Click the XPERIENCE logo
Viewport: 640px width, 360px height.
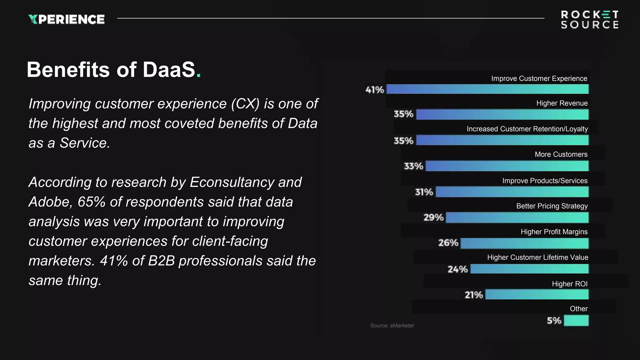coord(66,19)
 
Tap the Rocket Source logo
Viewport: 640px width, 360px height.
coord(589,19)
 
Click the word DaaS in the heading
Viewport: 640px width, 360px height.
coord(169,69)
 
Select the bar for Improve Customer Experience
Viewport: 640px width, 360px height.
coord(487,89)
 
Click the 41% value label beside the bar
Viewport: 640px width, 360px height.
coord(374,90)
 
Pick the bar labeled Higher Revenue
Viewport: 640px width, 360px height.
coord(502,114)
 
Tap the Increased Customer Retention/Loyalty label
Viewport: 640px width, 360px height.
coord(527,129)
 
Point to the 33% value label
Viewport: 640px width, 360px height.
coord(413,166)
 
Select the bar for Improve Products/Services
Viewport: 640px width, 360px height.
coord(512,192)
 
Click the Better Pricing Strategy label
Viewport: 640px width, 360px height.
coord(552,206)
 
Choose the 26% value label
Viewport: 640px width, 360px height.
coord(448,243)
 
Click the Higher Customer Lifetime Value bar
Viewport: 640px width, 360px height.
coord(529,269)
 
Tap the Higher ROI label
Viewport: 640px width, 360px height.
coord(569,284)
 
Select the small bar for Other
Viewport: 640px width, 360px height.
coord(576,320)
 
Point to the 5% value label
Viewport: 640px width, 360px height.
coord(554,321)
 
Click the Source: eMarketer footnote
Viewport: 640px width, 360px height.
coord(392,325)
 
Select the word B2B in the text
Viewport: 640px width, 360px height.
coord(161,261)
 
